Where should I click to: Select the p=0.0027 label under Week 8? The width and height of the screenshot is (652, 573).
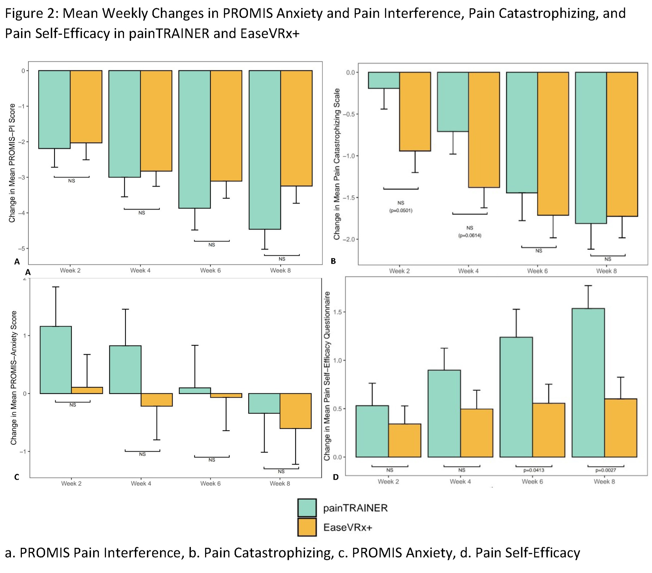605,470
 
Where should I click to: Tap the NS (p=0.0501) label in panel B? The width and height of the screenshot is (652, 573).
401,206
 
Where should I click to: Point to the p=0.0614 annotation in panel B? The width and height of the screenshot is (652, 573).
470,236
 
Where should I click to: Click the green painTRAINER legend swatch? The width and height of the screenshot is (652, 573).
307,508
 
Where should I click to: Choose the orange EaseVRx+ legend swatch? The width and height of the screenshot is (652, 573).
307,527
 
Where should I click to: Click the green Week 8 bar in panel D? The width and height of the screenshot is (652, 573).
588,382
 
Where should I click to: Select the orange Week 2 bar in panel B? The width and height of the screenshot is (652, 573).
415,112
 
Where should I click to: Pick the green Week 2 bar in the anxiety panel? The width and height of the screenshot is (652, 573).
56,360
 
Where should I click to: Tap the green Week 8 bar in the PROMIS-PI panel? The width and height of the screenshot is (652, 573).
265,150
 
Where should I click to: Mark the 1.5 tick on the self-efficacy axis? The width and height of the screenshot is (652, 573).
337,312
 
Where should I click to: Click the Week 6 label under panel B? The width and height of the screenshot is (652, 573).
537,271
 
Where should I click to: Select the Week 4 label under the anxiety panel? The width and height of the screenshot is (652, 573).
141,484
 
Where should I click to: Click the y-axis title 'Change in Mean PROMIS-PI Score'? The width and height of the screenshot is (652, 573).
12,163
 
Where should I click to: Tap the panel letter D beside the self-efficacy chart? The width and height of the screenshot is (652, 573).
336,477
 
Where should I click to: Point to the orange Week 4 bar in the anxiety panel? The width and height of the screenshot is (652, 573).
157,400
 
